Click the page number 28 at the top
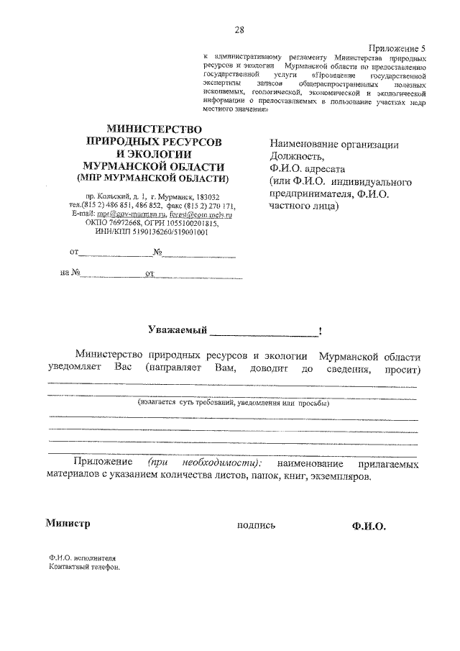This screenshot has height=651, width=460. coord(239,29)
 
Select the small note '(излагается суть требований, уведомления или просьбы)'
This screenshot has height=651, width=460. coord(234,404)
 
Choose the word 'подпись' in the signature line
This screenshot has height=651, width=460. coord(255,525)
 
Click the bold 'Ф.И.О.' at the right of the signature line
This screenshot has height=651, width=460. coord(369,526)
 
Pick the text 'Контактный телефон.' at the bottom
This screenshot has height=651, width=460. coord(83,566)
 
